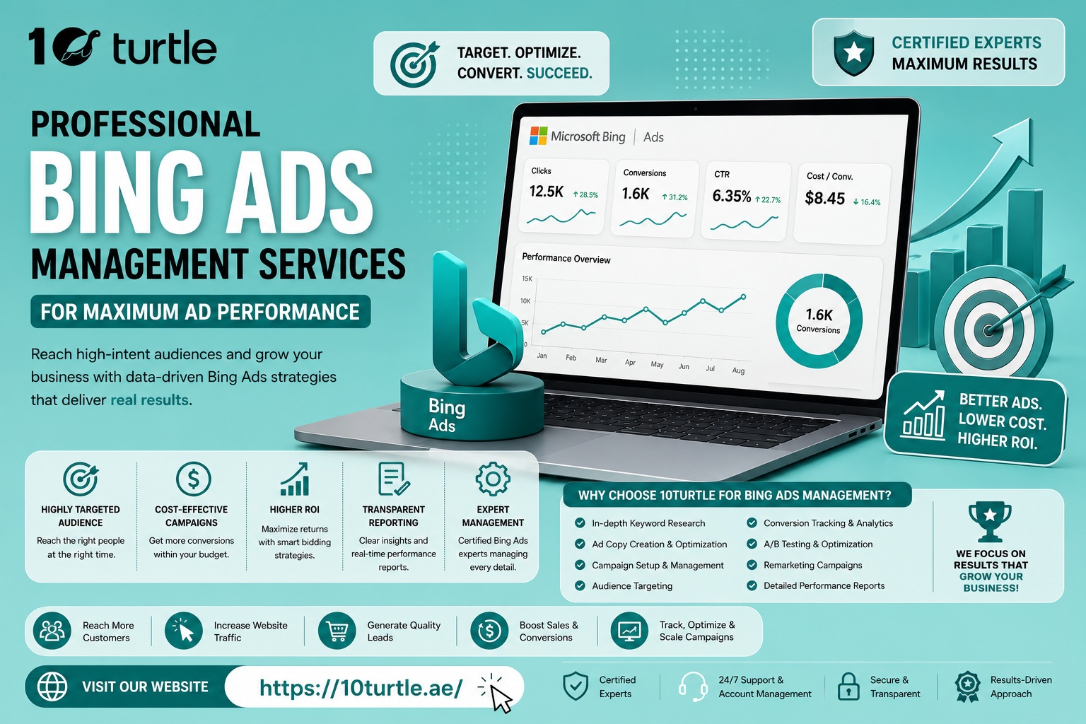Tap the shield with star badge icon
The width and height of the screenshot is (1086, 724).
coord(854,52)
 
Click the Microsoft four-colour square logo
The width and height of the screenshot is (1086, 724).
coord(539,136)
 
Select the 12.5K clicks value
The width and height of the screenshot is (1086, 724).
coord(547,192)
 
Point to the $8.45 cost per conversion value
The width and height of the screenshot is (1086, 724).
coord(824,198)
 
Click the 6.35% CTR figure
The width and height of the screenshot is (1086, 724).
coord(732,196)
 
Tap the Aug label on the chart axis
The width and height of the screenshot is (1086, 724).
coord(738,370)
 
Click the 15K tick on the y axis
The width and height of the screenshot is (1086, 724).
coord(527,279)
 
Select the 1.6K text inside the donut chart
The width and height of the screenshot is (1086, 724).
coord(819,315)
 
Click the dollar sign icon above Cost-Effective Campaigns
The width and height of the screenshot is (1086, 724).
coord(193,479)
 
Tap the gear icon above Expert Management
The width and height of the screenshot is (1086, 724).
coord(493,479)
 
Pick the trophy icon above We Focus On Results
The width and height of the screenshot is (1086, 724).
coord(990,521)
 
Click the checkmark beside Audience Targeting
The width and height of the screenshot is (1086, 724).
coord(580,585)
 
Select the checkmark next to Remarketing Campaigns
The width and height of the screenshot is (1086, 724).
coord(752,564)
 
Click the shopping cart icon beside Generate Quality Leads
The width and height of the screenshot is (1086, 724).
coord(337,631)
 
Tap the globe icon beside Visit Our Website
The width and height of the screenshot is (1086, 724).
coord(52,687)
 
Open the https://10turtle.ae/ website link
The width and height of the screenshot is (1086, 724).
coord(361,688)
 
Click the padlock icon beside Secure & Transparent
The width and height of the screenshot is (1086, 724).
coord(848,687)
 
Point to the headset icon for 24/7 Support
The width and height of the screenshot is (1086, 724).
coord(693,687)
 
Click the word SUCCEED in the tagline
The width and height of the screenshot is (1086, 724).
coord(559,73)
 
